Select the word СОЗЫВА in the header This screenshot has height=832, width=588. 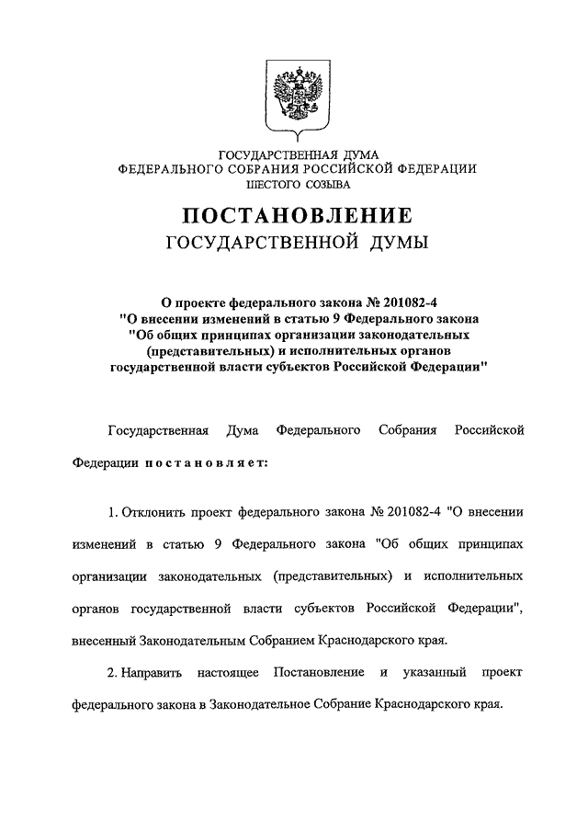pos(322,185)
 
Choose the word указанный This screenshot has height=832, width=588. pos(437,674)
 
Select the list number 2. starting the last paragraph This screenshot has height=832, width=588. pos(112,674)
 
